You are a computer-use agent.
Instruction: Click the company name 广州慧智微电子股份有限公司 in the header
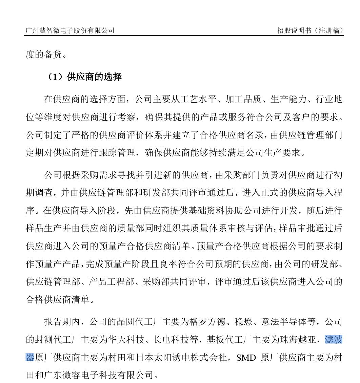click(70, 30)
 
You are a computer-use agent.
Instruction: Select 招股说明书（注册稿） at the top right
click(310, 30)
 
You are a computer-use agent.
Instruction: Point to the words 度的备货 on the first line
click(44, 55)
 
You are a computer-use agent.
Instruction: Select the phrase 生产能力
click(288, 99)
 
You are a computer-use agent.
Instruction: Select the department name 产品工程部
click(111, 281)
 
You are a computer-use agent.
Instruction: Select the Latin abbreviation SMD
click(246, 357)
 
